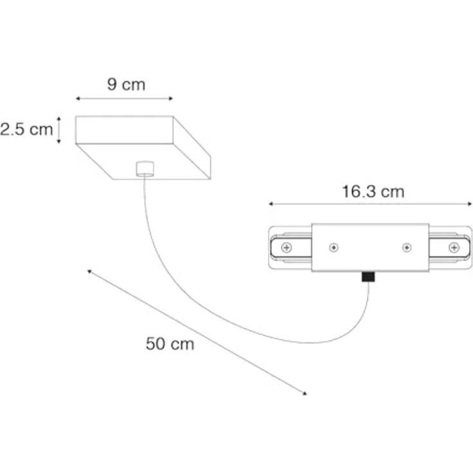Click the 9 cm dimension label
(126, 84)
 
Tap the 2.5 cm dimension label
(26, 129)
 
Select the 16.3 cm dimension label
(373, 192)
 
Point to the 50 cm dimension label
(170, 344)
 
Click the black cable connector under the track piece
(368, 276)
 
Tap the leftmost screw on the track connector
(286, 247)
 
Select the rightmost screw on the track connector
(454, 247)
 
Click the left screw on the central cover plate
(334, 247)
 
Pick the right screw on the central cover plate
(407, 247)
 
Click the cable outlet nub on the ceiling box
(145, 168)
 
